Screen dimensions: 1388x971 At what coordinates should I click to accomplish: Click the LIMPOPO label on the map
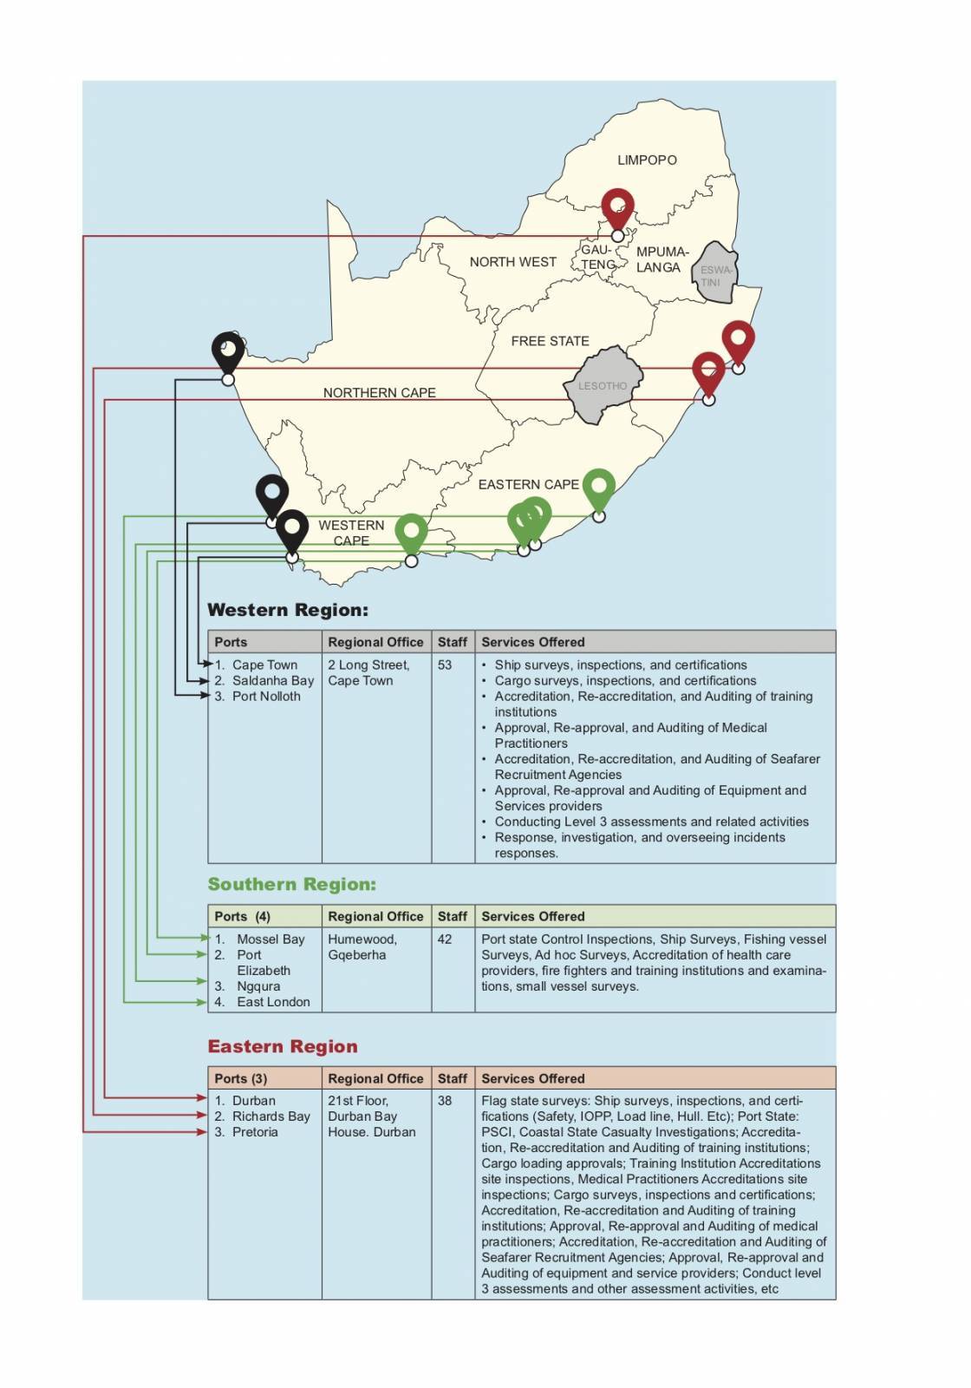[x=647, y=160]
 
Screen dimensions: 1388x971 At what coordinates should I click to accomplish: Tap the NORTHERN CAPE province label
[x=379, y=393]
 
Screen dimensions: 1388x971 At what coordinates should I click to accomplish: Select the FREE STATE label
[x=550, y=341]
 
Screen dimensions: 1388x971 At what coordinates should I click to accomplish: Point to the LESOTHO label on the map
[x=603, y=386]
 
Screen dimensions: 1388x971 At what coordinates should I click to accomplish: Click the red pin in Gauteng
[x=617, y=208]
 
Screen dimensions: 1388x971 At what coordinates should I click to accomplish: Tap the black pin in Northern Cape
[x=228, y=351]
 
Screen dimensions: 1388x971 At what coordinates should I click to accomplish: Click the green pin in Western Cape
[x=411, y=532]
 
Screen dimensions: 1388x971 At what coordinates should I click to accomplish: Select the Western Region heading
[x=288, y=610]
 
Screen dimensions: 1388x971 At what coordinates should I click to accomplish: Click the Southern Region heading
[x=291, y=884]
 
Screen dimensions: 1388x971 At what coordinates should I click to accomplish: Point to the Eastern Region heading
[x=283, y=1046]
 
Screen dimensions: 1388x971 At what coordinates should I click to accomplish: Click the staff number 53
[x=445, y=665]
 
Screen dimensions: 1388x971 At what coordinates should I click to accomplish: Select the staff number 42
[x=445, y=940]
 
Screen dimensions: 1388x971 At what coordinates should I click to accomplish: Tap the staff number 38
[x=445, y=1101]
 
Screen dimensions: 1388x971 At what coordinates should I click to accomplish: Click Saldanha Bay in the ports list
[x=272, y=681]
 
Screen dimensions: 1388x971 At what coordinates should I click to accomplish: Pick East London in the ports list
[x=273, y=1002]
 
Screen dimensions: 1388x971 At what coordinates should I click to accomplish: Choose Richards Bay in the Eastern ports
[x=270, y=1116]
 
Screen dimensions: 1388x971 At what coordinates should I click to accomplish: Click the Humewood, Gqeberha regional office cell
[x=362, y=947]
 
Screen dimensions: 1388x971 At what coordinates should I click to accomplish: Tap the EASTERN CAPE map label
[x=528, y=485]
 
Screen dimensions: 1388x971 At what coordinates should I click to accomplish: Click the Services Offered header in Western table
[x=533, y=642]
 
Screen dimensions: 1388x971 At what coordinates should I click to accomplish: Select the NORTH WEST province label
[x=512, y=262]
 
